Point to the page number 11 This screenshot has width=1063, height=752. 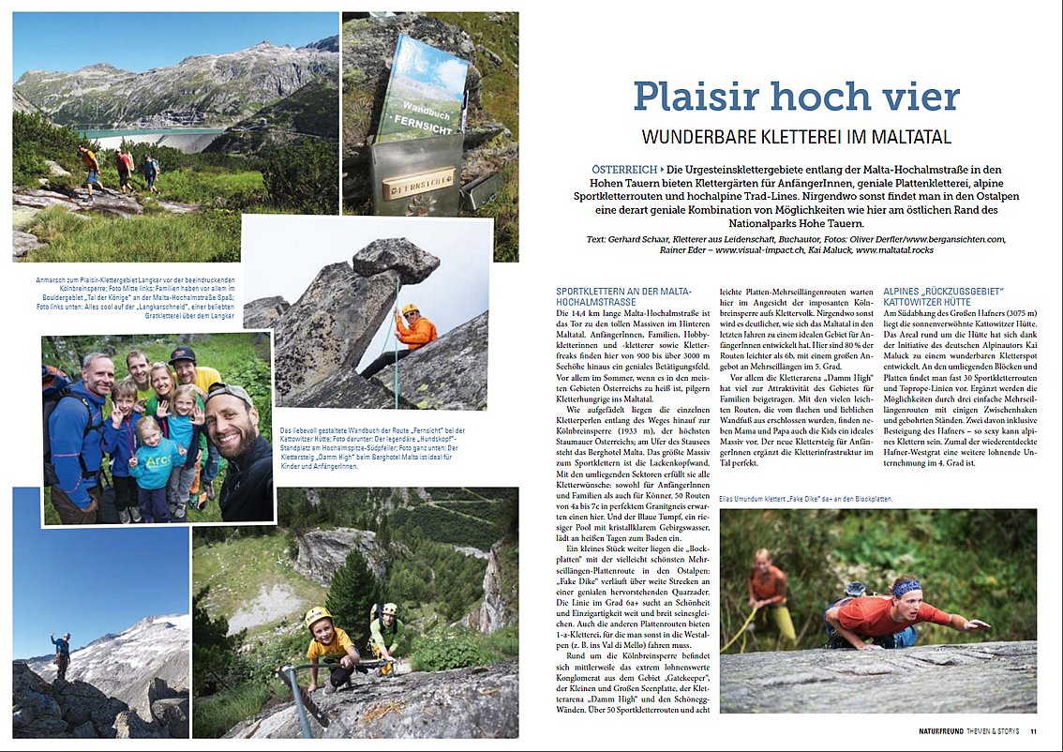pos(1033,731)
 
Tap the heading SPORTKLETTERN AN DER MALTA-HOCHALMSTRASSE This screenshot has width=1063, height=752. pos(619,298)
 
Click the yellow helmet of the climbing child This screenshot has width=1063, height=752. pos(318,616)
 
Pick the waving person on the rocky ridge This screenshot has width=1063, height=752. pos(61,654)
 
